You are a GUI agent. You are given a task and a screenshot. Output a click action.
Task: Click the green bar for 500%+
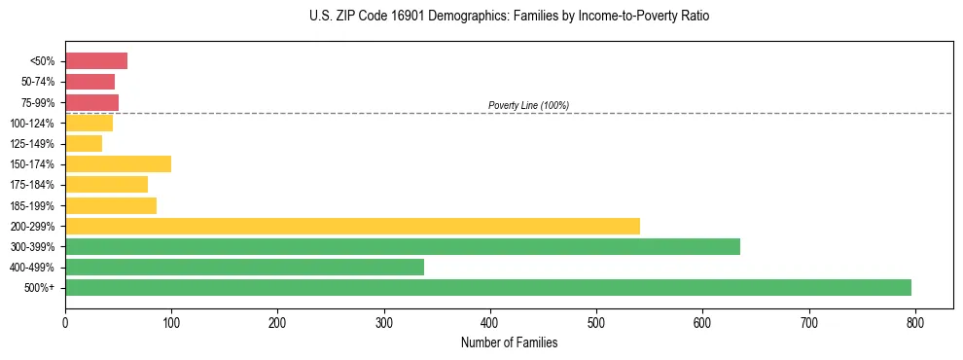pos(487,287)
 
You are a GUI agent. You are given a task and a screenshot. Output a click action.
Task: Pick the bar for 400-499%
pos(244,267)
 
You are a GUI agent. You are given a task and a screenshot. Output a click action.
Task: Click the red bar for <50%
pos(96,61)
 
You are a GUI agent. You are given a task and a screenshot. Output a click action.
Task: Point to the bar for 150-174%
pos(118,163)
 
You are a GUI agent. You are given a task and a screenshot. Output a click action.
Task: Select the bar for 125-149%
pos(84,143)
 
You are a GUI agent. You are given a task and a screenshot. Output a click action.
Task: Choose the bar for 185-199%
pos(111,205)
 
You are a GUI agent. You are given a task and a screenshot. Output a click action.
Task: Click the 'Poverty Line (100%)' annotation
pos(528,105)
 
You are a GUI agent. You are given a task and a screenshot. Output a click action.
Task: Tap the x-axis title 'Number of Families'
pos(509,342)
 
